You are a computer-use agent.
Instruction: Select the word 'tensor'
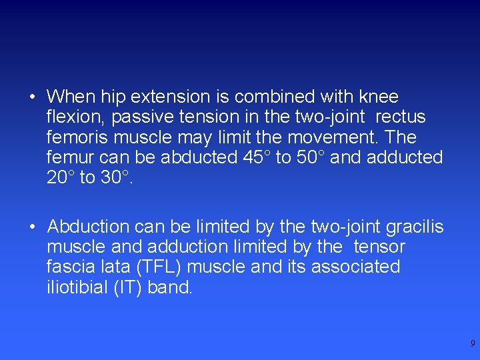[379, 247]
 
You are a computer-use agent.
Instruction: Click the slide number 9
[473, 344]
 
